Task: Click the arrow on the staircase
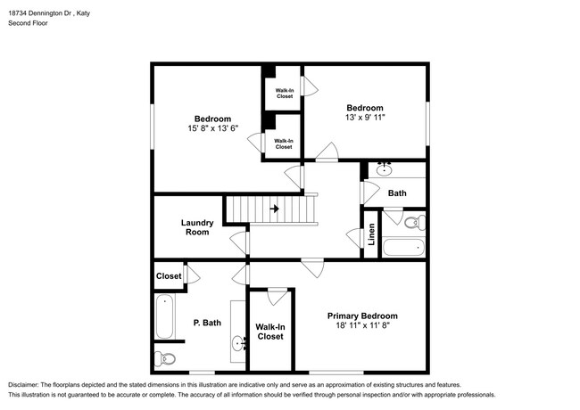tap(275, 209)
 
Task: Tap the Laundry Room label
tap(197, 227)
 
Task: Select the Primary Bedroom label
tap(362, 316)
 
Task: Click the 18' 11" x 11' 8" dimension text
tap(363, 325)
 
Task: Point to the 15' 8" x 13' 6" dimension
tap(212, 128)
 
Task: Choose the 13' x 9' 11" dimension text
tap(365, 117)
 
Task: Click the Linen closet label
tap(371, 234)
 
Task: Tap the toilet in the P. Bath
tap(164, 358)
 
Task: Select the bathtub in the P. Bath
tap(164, 316)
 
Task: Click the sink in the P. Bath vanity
tap(239, 343)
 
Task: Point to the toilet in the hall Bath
tap(415, 222)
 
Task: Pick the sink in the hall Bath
tap(385, 169)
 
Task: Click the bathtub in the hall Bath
tap(403, 247)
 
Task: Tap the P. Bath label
tap(207, 323)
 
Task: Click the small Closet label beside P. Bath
tap(169, 276)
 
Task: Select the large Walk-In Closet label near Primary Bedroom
tap(270, 332)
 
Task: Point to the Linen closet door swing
tap(354, 238)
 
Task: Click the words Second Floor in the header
tap(29, 23)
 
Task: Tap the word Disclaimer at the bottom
tap(22, 385)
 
